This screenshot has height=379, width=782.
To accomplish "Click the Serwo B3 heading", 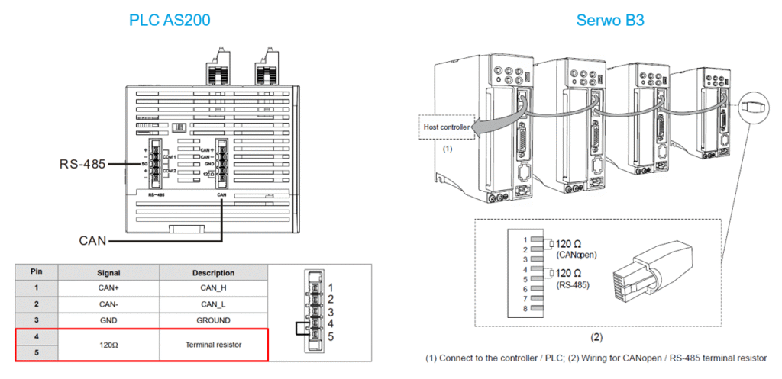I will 611,20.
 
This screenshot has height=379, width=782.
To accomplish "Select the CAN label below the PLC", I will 94,241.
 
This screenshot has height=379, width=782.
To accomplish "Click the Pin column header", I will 36,272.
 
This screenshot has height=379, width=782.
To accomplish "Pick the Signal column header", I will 108,272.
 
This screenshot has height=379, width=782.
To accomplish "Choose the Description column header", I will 213,272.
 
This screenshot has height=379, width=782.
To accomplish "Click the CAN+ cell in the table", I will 108,288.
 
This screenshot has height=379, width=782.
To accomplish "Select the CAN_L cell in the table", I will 213,304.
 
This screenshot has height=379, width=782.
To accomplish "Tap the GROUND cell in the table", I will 213,320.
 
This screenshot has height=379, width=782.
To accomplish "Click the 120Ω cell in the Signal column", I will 108,345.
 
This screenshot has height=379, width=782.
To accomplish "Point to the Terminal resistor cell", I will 213,345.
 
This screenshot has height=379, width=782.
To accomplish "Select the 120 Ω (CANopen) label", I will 574,249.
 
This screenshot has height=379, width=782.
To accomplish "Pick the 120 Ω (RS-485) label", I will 573,278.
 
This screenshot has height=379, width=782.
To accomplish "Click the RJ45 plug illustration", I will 663,267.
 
